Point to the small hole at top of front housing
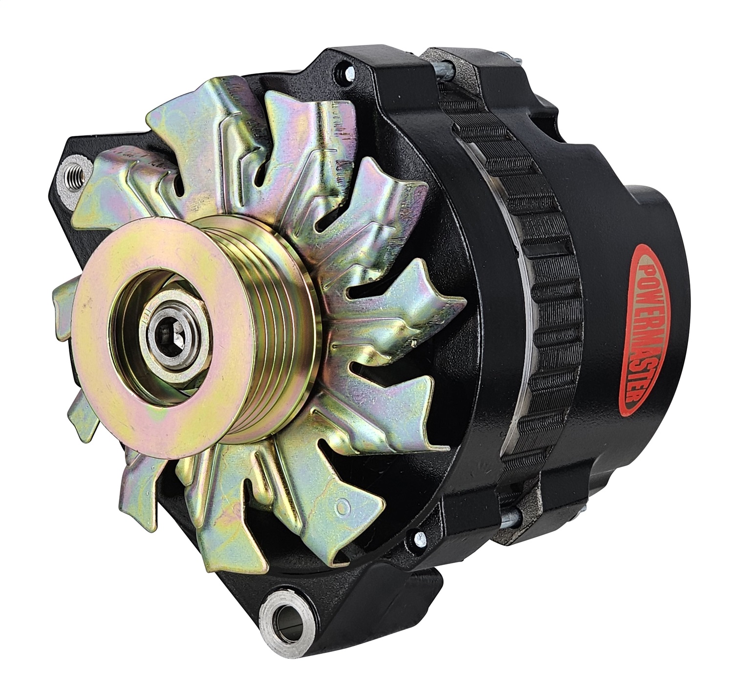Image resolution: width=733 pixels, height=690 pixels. pos(340,70)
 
